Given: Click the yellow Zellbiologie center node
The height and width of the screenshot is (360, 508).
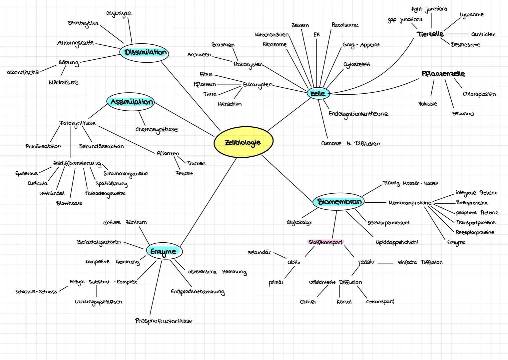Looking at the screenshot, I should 243,142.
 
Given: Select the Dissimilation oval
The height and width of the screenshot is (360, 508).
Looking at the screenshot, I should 144,53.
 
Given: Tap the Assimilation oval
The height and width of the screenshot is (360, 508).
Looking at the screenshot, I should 131,102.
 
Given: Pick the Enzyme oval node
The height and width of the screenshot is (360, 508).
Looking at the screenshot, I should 164,251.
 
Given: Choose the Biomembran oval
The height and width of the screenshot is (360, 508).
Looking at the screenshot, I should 338,202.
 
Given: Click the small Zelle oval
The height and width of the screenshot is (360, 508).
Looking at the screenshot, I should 318,94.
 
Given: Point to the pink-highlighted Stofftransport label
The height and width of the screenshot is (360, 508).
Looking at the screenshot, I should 325,242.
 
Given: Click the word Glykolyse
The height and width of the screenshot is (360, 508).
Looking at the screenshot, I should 119,13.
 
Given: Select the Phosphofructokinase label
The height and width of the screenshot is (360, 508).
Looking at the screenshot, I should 164,321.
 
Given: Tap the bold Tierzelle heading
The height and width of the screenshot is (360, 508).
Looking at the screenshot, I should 430,34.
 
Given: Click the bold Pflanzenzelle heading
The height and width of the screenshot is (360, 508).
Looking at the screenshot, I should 443,74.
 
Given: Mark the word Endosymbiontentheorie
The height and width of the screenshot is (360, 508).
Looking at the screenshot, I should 358,114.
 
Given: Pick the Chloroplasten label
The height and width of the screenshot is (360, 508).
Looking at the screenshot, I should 479,94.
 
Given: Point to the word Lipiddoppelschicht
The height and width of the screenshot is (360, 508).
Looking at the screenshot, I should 397,242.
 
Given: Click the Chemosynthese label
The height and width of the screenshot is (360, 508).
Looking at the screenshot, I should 157,129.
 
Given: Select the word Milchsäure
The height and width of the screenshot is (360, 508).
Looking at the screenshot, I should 64,82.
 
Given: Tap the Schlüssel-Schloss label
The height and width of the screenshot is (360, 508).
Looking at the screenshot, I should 36,292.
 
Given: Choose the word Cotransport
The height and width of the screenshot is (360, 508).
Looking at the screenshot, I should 380,302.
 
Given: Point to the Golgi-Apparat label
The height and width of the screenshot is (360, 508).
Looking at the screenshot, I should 361,45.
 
